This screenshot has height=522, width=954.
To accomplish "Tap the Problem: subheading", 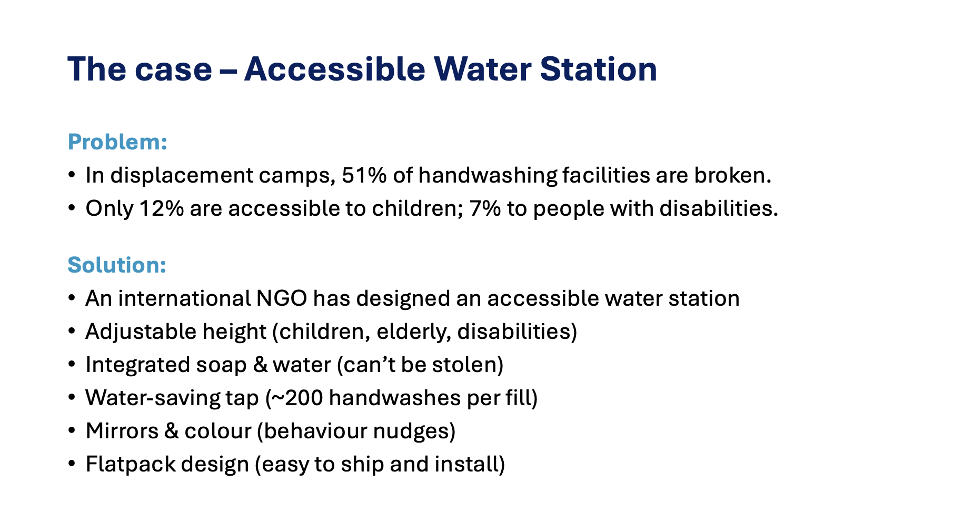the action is click(117, 142).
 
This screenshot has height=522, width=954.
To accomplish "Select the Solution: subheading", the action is click(117, 265).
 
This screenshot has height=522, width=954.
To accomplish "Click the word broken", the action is click(732, 175).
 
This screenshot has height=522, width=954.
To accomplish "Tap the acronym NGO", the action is click(282, 298).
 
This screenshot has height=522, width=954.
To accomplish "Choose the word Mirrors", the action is click(122, 431).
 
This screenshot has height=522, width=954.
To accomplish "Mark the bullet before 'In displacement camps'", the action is click(72, 175).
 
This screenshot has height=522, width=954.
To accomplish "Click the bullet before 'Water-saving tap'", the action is click(72, 398).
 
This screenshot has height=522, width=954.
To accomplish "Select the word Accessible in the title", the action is click(335, 69).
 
